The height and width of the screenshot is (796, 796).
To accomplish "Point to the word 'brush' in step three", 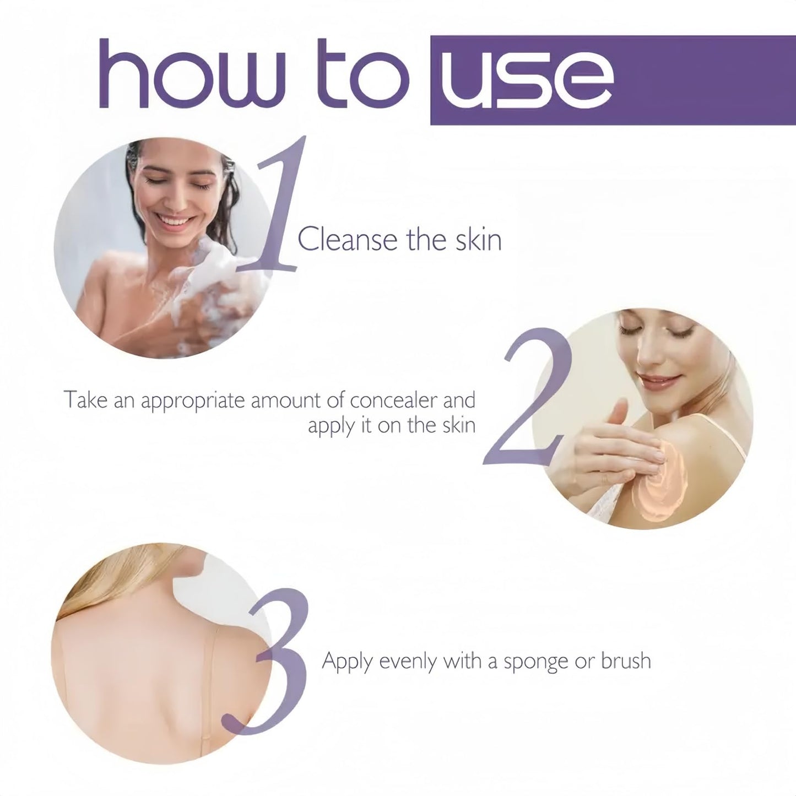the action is [626, 660].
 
